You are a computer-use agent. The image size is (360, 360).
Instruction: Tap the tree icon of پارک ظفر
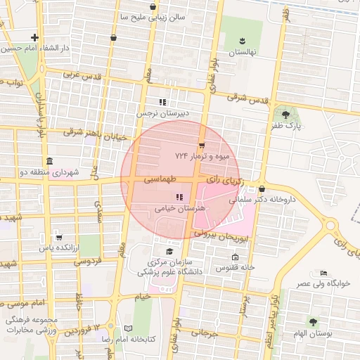tap(285, 115)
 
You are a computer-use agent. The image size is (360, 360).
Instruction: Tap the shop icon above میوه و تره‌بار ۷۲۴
tap(202, 145)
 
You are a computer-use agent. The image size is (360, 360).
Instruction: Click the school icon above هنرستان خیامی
tap(179, 197)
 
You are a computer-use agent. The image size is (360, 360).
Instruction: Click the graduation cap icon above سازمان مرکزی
tap(169, 252)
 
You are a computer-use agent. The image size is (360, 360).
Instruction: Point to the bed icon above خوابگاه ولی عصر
tap(323, 273)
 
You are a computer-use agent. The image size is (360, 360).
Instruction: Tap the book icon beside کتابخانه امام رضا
tap(127, 328)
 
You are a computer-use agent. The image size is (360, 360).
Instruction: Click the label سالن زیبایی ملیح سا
tap(161, 15)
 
